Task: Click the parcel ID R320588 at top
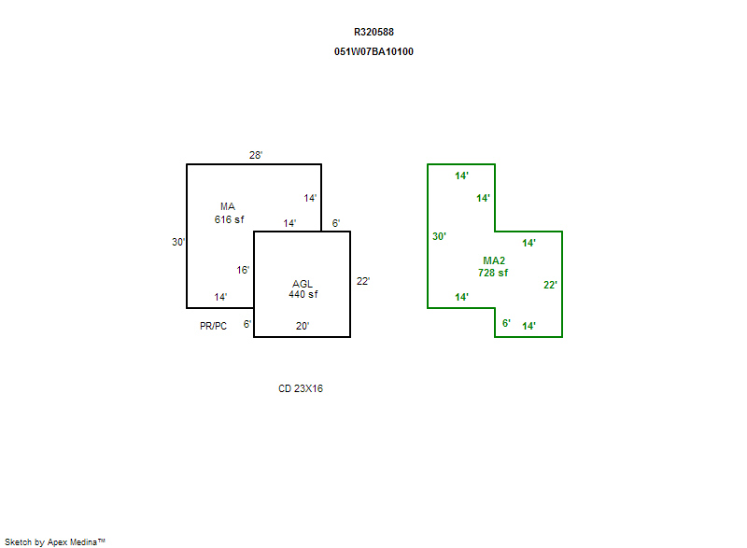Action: point(373,32)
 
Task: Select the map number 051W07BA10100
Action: point(373,51)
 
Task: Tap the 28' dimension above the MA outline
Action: point(256,155)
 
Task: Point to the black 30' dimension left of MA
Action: point(177,242)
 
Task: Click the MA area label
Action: point(228,206)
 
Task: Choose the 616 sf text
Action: point(229,219)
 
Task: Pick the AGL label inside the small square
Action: point(303,283)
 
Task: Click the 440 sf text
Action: point(303,294)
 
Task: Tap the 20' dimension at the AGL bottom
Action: point(303,327)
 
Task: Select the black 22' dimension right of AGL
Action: point(363,281)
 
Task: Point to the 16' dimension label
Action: point(243,270)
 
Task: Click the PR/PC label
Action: point(213,326)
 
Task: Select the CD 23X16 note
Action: point(301,389)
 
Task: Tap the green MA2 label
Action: point(494,260)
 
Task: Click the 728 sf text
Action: point(494,273)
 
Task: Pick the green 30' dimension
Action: point(439,236)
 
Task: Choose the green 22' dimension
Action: point(550,285)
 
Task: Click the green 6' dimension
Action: point(506,323)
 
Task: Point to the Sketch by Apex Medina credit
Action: point(54,541)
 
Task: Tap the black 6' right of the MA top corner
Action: point(336,223)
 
